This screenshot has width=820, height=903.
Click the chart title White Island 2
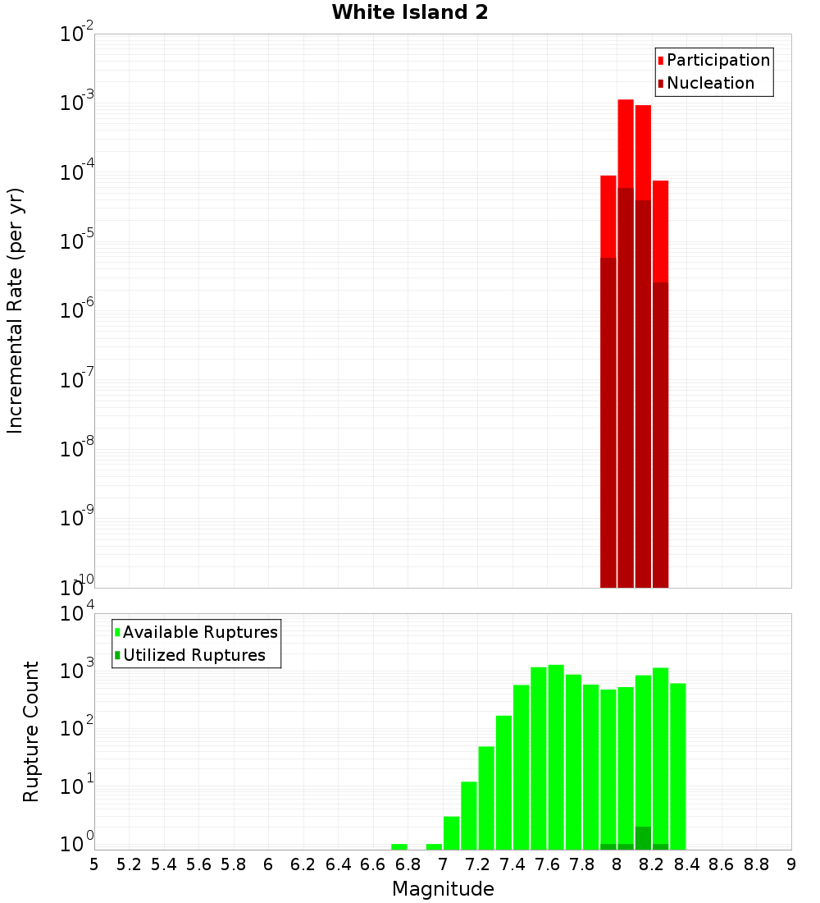410,13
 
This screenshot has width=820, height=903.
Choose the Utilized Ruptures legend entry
194,655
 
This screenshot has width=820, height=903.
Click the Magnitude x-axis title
443,889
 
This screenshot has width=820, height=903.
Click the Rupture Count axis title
31,731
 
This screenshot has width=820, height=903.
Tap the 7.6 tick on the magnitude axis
547,864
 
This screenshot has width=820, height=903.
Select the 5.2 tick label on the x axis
129,864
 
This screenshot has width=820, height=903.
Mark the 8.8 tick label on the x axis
756,864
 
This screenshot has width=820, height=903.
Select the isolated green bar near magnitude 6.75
399,846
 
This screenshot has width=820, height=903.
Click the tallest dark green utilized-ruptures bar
643,838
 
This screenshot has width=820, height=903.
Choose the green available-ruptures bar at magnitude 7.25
486,797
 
